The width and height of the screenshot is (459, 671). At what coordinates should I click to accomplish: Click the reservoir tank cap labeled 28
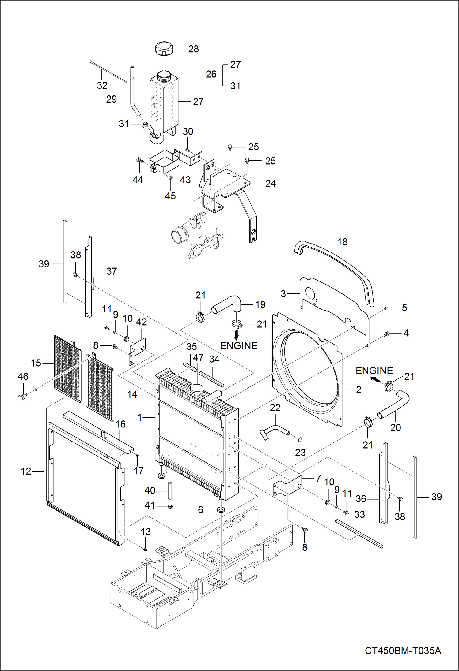164,49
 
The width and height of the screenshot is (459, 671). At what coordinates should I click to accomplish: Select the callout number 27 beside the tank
198,102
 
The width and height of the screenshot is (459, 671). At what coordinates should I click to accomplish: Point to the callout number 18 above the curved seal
342,242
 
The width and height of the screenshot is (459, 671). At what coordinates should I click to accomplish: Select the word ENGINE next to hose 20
374,371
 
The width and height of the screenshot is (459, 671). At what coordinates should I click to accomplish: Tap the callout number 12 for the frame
26,471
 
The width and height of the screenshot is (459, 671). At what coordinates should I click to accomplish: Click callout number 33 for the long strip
359,514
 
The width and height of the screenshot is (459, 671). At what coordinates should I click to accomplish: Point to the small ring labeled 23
300,440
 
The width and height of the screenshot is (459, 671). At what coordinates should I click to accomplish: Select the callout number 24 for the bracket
270,184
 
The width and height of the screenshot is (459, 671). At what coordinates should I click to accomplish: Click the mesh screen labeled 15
67,369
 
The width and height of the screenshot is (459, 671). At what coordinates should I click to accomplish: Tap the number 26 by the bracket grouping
211,74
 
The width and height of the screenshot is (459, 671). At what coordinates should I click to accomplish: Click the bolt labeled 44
140,160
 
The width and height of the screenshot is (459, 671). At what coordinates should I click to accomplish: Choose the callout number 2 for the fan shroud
358,390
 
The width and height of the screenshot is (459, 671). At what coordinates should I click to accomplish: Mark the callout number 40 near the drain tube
150,490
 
